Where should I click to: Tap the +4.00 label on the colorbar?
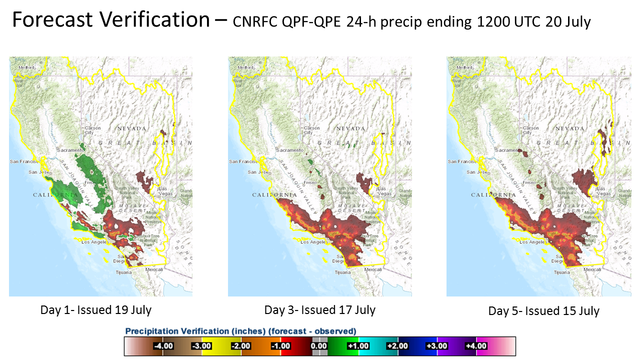click(x=463, y=346)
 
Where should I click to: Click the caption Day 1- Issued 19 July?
click(x=96, y=310)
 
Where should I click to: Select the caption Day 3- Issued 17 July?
click(x=320, y=310)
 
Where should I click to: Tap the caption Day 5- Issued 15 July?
click(x=544, y=311)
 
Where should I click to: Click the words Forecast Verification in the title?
click(x=110, y=20)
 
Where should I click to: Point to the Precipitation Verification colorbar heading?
click(x=240, y=331)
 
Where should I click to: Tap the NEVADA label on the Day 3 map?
click(x=350, y=128)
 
